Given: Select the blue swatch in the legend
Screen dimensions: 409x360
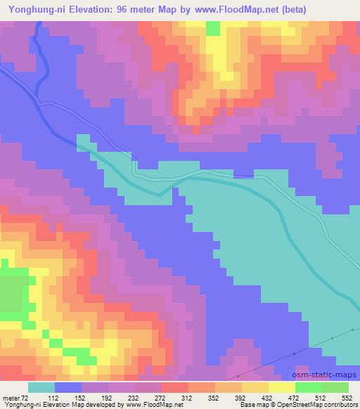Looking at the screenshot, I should tap(67, 387).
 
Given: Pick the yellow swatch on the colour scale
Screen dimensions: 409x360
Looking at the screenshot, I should tap(282, 387).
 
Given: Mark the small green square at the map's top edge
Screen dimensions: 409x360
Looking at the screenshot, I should tap(213, 27).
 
